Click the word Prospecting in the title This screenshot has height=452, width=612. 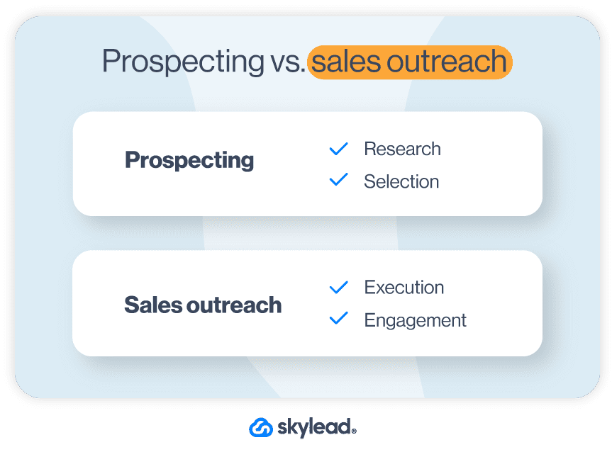(x=183, y=63)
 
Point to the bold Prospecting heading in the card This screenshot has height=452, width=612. (x=189, y=161)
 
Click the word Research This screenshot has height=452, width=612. (x=402, y=149)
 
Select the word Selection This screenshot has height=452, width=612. (x=401, y=181)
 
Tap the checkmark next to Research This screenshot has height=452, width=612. (x=339, y=149)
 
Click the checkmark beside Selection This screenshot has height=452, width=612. (x=339, y=181)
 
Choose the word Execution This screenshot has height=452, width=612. (x=404, y=287)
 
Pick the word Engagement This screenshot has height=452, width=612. (x=415, y=320)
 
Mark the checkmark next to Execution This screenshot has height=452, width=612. (x=339, y=287)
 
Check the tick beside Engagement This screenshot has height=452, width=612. (x=339, y=320)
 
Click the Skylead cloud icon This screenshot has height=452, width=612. (x=261, y=427)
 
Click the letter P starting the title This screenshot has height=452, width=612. (x=110, y=63)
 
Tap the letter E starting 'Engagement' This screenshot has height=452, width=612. (x=369, y=320)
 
